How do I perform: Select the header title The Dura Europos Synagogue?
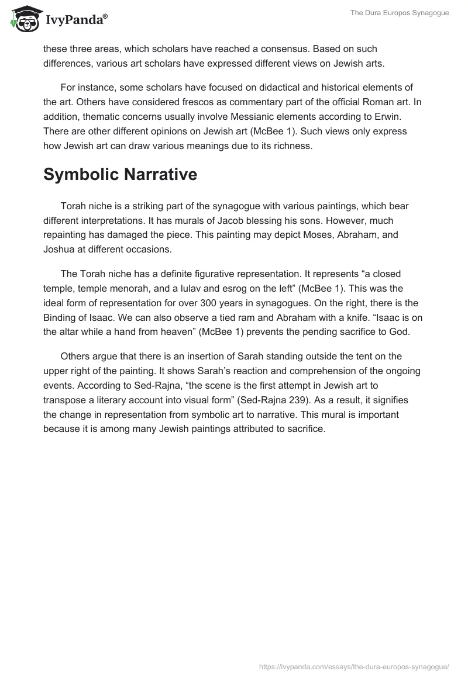401,13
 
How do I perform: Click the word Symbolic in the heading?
81,174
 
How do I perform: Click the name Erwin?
407,116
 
